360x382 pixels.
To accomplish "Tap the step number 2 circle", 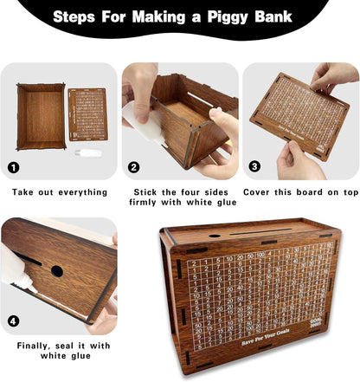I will [133, 167].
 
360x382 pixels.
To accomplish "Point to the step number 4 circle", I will [12, 322].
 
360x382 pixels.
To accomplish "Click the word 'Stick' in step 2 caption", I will [148, 191].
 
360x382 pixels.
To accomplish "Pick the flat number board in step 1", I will [87, 114].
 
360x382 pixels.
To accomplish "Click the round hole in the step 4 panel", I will [56, 270].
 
